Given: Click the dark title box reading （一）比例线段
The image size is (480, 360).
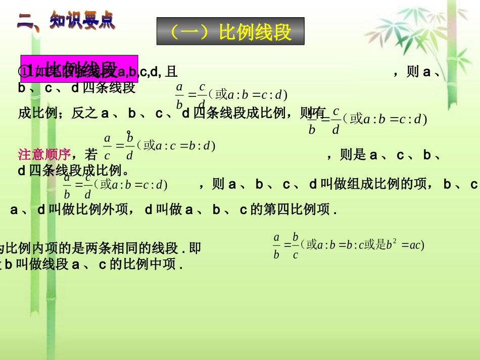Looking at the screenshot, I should point(230,32).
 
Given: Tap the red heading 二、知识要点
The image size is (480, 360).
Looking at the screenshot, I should point(66,21).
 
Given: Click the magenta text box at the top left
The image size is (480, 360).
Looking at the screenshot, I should point(79,68).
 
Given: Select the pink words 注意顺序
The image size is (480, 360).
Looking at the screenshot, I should point(44,153).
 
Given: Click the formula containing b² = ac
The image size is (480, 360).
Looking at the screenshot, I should point(349,245).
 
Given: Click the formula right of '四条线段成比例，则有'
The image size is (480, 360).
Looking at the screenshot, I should point(367,120).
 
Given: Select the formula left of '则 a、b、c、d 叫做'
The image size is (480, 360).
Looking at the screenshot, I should point(115,185).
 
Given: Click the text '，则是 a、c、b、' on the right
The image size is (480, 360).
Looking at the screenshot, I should point(385,155).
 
